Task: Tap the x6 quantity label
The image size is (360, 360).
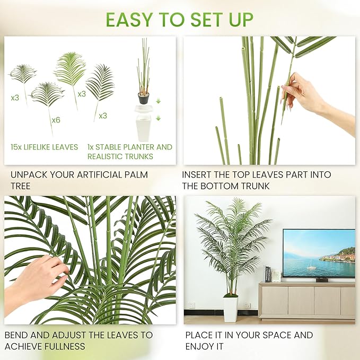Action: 56,120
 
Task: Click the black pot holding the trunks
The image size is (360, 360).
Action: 144,98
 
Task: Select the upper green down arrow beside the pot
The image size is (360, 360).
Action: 157,101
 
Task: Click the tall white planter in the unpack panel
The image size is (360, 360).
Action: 144,128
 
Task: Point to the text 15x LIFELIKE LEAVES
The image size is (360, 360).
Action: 44,147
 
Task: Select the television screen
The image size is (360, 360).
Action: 319,253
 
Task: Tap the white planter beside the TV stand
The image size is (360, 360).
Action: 230,309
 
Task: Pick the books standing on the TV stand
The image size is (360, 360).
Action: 268,274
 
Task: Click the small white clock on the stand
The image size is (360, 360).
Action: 276,276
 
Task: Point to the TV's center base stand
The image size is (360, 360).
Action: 321,279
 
